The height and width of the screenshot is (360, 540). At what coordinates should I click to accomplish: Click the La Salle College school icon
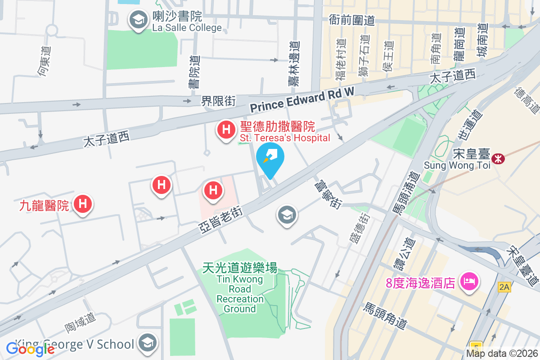pyautogui.click(x=138, y=20)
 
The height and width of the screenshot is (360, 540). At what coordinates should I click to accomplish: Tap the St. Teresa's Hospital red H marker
pyautogui.click(x=225, y=130)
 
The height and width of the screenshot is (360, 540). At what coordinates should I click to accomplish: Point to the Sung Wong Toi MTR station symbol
pyautogui.click(x=498, y=158)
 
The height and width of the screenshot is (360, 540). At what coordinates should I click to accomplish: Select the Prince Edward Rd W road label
pyautogui.click(x=302, y=99)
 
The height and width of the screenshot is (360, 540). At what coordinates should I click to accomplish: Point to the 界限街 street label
pyautogui.click(x=218, y=101)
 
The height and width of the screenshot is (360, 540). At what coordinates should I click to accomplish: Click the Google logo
pyautogui.click(x=30, y=349)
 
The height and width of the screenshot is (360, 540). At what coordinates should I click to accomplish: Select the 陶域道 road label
pyautogui.click(x=80, y=323)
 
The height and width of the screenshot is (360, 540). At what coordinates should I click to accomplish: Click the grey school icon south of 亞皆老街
pyautogui.click(x=287, y=215)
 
